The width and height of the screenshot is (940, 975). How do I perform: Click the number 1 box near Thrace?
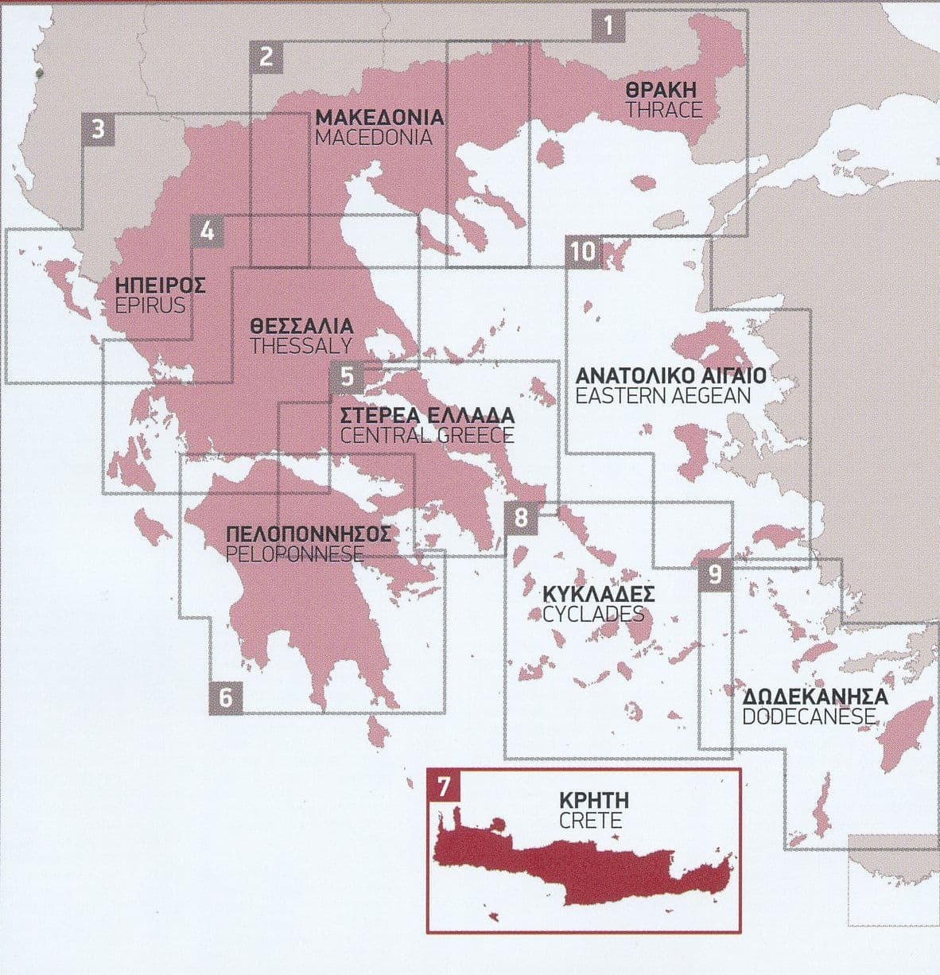click(x=608, y=26)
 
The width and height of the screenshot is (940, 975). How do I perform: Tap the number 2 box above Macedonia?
click(x=266, y=56)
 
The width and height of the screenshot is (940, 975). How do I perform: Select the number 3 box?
click(x=98, y=129)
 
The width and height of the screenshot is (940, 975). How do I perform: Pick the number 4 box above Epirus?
click(x=208, y=231)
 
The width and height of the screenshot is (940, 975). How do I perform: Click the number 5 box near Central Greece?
click(x=347, y=375)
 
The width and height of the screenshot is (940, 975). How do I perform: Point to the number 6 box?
click(x=226, y=697)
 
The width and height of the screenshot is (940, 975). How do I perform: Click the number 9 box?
click(x=714, y=574)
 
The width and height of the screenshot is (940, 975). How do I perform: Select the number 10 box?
click(x=582, y=252)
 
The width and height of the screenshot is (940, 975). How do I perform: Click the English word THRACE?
click(x=664, y=110)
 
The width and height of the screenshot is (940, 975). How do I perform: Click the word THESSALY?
click(x=301, y=346)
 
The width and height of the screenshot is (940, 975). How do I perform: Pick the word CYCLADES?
click(x=592, y=614)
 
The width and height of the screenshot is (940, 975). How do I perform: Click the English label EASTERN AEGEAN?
click(x=663, y=395)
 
